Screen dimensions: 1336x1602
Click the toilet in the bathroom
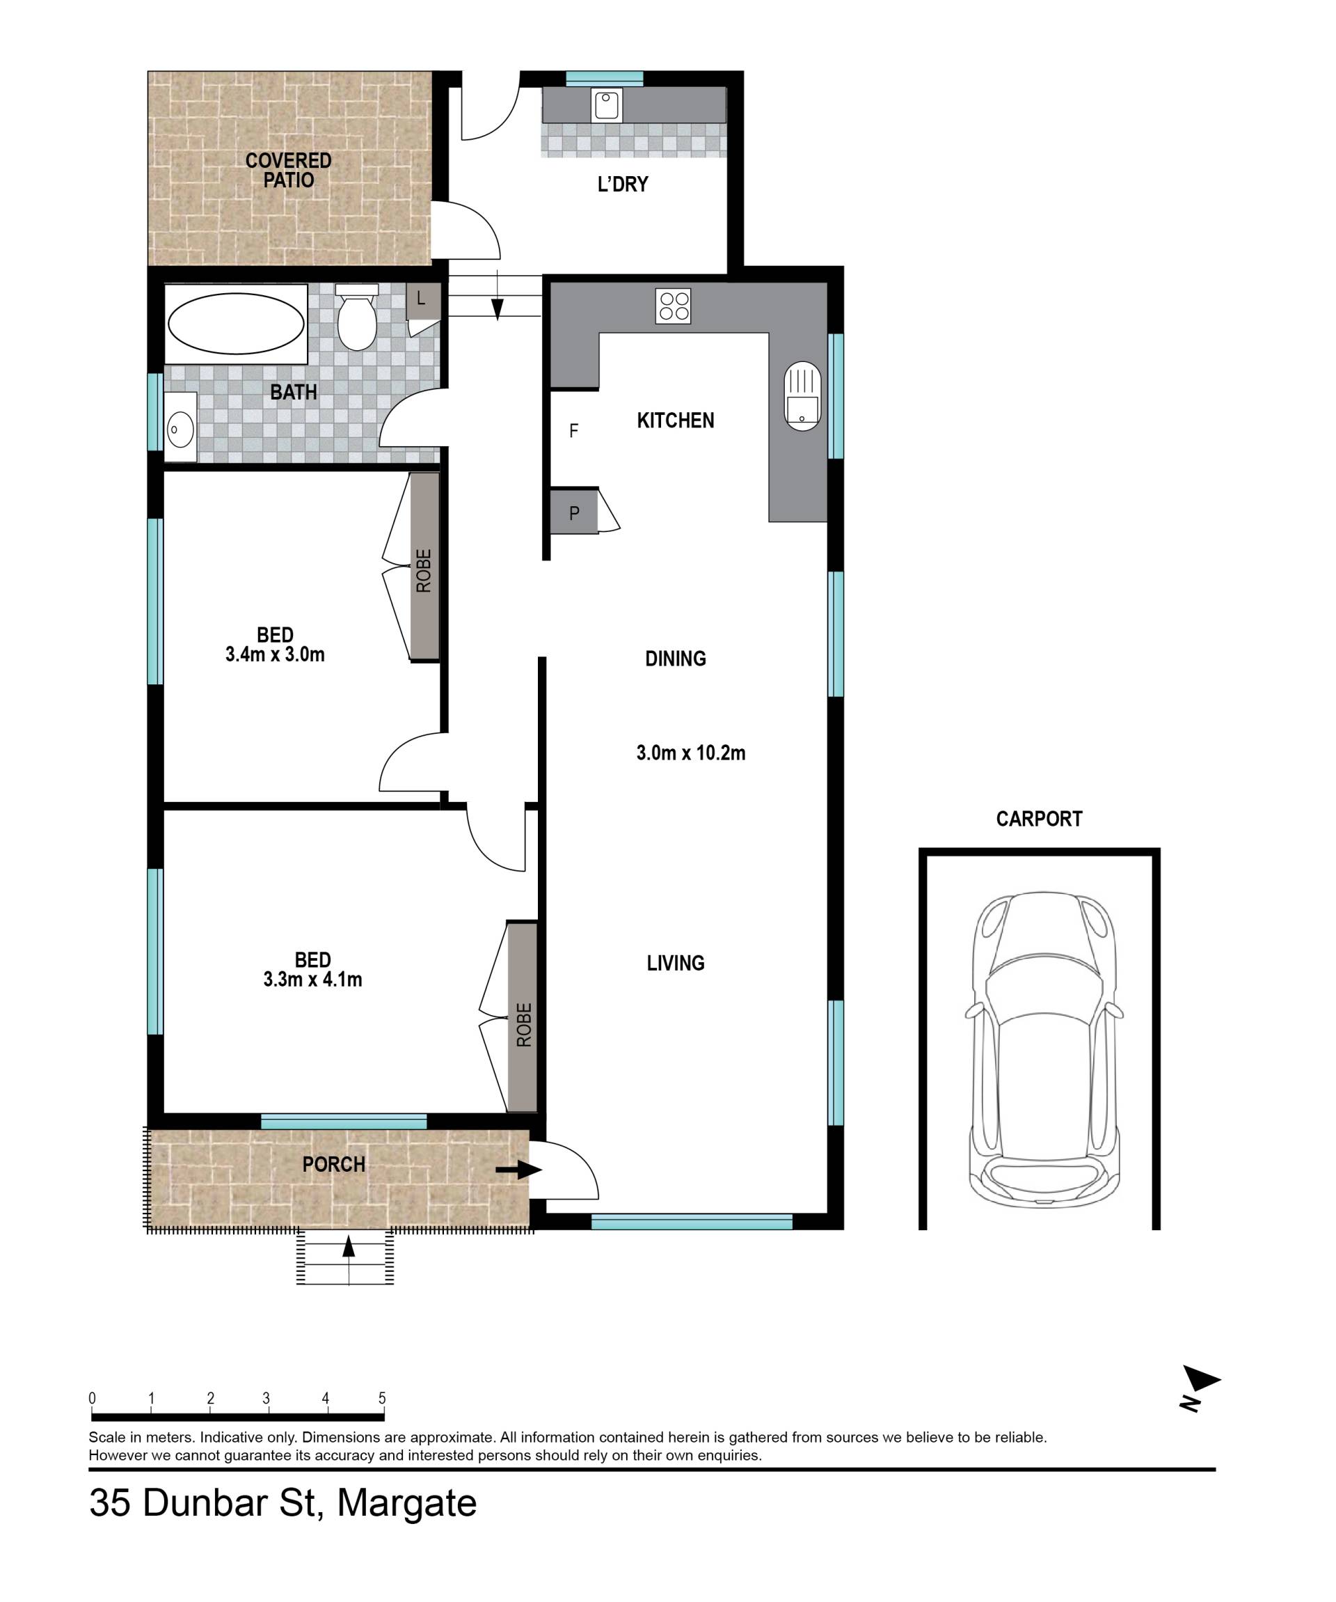click(357, 317)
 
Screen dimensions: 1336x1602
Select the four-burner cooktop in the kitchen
click(674, 305)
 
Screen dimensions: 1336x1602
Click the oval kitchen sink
click(802, 395)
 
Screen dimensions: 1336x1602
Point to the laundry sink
click(607, 104)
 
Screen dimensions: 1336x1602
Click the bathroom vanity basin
click(180, 427)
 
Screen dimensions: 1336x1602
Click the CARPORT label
click(1039, 819)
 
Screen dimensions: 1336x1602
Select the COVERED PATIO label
click(288, 170)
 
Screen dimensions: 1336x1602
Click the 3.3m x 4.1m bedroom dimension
click(312, 980)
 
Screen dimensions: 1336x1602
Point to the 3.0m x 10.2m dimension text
click(691, 753)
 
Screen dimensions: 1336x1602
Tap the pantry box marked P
click(574, 510)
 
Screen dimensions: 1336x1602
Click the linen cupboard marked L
click(423, 301)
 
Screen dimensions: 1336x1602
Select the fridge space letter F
click(574, 431)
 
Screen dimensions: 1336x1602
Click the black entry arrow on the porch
click(518, 1170)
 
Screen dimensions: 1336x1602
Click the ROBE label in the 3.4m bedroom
click(424, 571)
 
